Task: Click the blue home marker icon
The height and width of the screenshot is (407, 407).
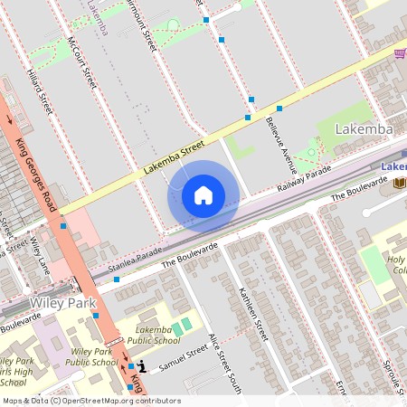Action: [203, 195]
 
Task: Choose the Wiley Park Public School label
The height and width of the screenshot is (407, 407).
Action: [94, 356]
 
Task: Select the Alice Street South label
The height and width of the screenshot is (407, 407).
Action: [224, 362]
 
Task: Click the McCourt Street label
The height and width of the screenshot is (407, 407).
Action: [81, 63]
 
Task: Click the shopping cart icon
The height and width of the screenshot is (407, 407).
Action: [399, 53]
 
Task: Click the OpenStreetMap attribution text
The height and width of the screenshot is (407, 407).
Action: [90, 401]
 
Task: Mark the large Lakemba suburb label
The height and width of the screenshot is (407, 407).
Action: [364, 129]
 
